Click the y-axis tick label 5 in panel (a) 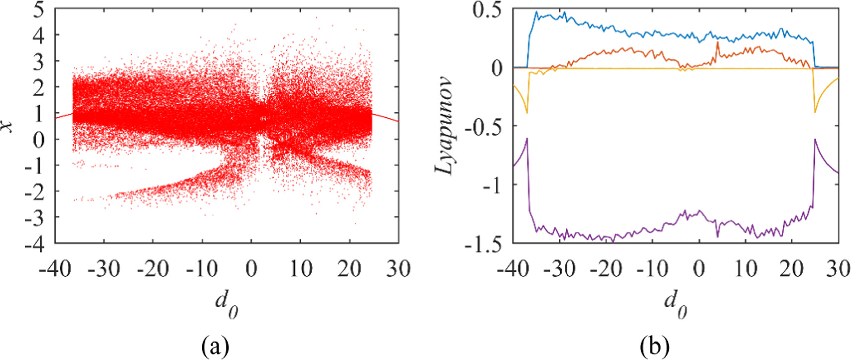click(38, 10)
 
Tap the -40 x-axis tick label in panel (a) click(55, 269)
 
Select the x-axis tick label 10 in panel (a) click(300, 269)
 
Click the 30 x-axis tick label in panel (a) click(398, 269)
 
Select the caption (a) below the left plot click(215, 346)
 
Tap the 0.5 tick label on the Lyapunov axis click(487, 10)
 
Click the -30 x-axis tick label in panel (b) click(560, 269)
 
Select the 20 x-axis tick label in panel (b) click(791, 269)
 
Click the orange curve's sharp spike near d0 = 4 click(717, 43)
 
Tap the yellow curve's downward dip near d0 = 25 click(815, 112)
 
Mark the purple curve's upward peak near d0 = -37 click(527, 139)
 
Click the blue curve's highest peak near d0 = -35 click(536, 12)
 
